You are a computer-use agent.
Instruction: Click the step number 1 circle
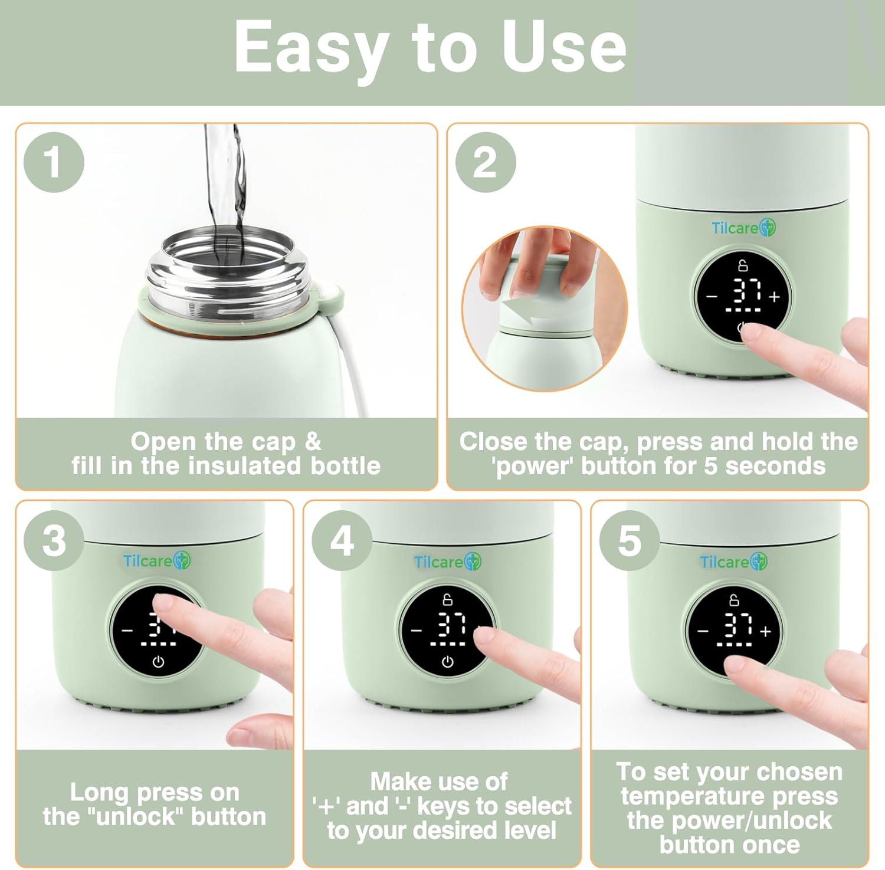click(x=54, y=162)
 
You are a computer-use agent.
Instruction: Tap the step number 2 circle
click(x=486, y=162)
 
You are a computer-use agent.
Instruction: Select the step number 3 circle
click(x=54, y=541)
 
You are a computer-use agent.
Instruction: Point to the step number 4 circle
click(x=342, y=541)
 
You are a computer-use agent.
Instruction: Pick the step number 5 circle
click(x=630, y=541)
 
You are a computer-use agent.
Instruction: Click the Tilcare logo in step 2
click(x=743, y=228)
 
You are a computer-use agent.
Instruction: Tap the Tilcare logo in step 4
click(x=448, y=562)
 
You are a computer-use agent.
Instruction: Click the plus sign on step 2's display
click(x=775, y=297)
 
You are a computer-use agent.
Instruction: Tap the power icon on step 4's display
click(x=448, y=662)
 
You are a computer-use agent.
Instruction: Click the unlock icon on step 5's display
click(x=734, y=600)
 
